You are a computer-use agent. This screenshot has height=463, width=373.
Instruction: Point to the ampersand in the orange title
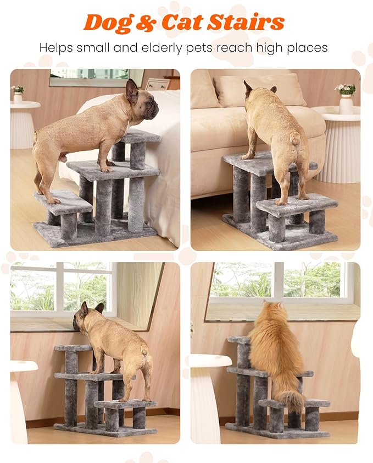[x=147, y=23]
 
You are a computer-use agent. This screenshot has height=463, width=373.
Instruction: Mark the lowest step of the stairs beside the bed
[x=63, y=202]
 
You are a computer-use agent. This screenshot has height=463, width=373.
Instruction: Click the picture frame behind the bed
[x=157, y=84]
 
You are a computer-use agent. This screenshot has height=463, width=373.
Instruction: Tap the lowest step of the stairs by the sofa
[x=297, y=204]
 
